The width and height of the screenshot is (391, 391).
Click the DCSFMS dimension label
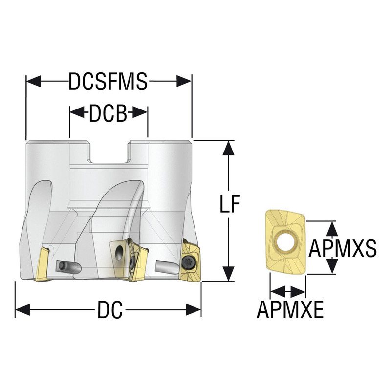coord(108,81)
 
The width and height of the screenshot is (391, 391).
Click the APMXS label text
coord(344,247)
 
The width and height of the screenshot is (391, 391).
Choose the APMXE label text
coord(290,309)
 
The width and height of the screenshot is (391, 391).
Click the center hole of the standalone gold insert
coord(284,240)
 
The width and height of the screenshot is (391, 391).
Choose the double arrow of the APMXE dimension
coord(288,292)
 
